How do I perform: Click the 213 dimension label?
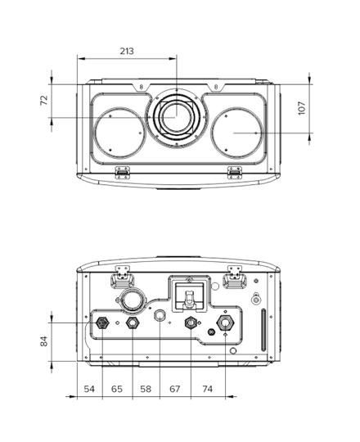click(x=127, y=52)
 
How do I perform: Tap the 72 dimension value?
click(x=44, y=101)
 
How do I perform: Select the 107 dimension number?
click(x=301, y=108)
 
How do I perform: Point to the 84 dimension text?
click(x=44, y=341)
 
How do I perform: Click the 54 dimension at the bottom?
click(x=89, y=389)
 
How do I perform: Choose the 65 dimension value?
click(x=117, y=389)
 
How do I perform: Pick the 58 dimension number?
click(x=146, y=389)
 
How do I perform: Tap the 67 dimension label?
click(x=174, y=389)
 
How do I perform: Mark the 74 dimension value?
click(x=207, y=389)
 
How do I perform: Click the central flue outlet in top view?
click(x=177, y=117)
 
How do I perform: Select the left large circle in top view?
click(x=119, y=133)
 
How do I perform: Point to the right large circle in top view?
click(x=237, y=133)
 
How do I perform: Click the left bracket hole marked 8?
click(x=141, y=87)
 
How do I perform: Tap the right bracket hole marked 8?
click(x=216, y=87)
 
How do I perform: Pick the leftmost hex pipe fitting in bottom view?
click(x=102, y=322)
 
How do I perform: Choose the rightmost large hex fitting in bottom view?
click(x=225, y=322)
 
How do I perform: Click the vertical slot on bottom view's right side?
click(x=263, y=330)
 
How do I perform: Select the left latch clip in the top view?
click(x=123, y=172)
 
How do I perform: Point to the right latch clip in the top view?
click(x=235, y=172)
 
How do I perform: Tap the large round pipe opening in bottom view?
click(x=133, y=300)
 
